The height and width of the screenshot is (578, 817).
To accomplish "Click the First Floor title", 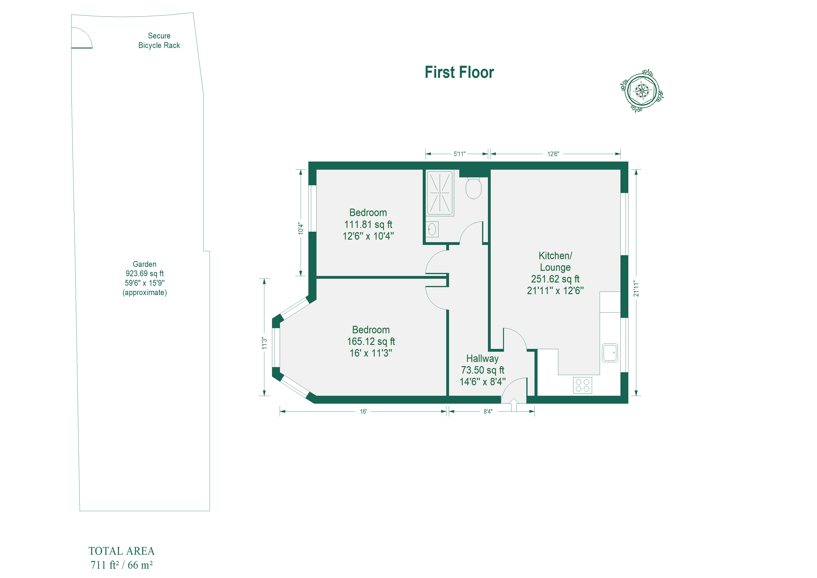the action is [x=459, y=72].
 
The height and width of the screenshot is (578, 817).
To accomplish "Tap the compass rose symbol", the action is [x=642, y=91].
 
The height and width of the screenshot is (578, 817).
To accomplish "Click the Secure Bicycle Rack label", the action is [x=159, y=41].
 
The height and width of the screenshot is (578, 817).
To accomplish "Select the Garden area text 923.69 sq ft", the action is [x=144, y=274].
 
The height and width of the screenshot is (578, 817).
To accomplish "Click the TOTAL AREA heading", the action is [x=121, y=551].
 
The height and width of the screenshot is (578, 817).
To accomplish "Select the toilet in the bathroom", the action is [x=474, y=188].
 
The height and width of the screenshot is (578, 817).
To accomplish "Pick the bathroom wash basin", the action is [x=432, y=229].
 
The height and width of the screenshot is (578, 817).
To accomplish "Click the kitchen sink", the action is [x=610, y=353].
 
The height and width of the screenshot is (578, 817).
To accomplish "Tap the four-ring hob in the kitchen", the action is [x=582, y=385].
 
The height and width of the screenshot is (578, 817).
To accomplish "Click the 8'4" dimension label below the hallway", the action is [x=488, y=412].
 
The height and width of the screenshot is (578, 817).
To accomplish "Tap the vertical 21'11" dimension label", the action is [x=636, y=289].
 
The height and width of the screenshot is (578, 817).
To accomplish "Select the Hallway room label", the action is [x=483, y=359].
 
